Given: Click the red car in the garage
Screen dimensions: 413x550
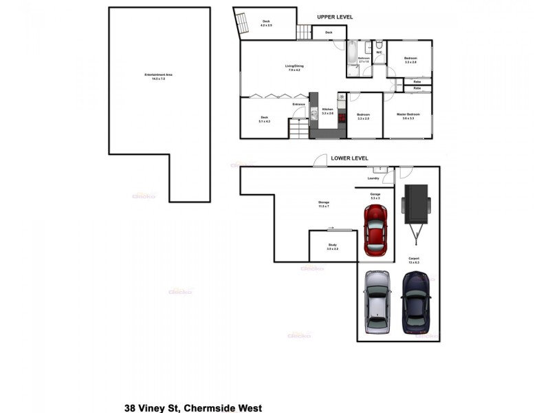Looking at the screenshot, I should point(376,230).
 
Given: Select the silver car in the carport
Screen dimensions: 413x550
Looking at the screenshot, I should point(377,301).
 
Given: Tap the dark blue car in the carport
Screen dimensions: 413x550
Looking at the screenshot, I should point(416,301).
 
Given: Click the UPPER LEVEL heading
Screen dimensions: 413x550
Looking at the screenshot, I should point(335,17).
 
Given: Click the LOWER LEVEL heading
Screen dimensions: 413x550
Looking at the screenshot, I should point(350,158).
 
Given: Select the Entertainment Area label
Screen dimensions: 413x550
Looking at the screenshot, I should point(154,76).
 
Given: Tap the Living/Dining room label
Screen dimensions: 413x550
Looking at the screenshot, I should point(294,67).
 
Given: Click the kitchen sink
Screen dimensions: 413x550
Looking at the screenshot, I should point(313,114).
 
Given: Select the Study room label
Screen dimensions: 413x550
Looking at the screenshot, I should point(332,246).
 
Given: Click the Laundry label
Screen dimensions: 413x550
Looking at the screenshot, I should point(373,178).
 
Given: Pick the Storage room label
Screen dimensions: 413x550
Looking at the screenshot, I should point(323,204).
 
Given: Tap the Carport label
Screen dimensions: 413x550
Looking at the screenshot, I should point(414,260).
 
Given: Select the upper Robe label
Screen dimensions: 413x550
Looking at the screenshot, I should point(417,81).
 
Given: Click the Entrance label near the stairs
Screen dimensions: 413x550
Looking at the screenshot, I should point(298,105).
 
